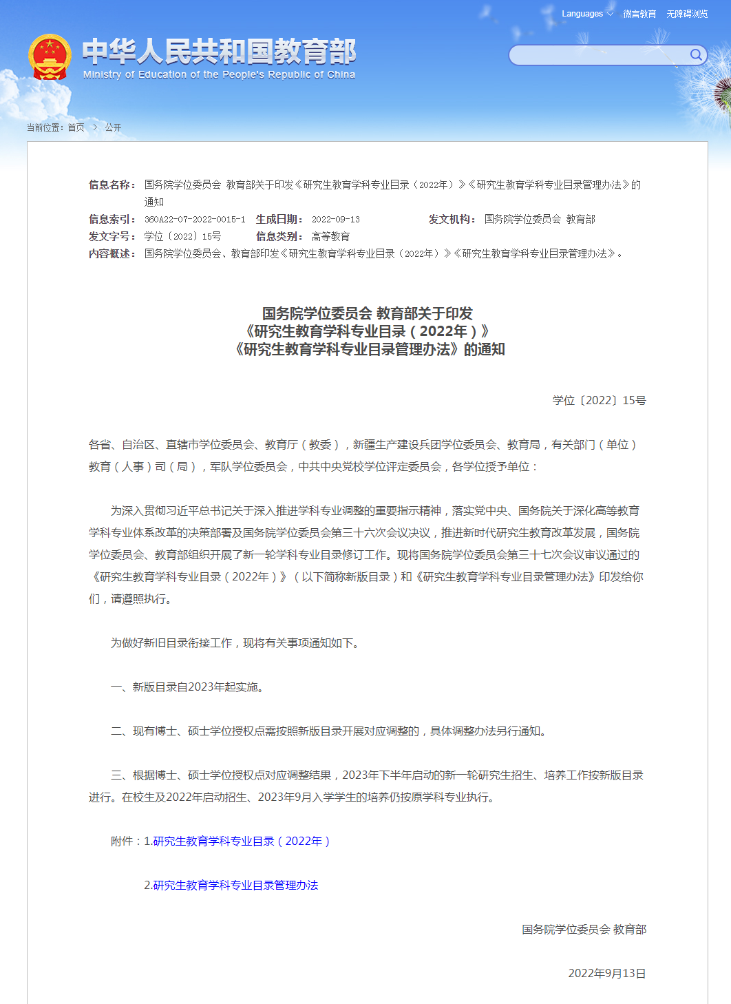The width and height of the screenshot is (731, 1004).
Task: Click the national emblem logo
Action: [49, 56]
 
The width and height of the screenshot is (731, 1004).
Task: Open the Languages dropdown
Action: [586, 14]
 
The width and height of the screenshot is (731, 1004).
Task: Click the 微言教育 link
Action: [639, 14]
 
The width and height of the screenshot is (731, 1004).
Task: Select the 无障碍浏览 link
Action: [687, 14]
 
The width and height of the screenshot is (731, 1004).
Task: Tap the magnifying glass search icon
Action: [696, 55]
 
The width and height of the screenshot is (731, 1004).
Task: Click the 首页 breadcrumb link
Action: [76, 127]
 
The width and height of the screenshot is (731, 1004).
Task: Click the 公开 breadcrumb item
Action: [113, 127]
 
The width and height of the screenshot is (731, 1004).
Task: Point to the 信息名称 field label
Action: [112, 185]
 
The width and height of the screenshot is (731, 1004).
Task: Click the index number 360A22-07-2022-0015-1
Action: [195, 219]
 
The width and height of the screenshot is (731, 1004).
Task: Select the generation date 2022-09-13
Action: [336, 219]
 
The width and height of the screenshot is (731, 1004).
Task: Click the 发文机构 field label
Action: [452, 219]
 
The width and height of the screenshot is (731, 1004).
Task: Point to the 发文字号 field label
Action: [112, 236]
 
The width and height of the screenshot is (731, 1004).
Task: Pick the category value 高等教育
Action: [330, 236]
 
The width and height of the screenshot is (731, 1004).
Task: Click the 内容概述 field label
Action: [112, 253]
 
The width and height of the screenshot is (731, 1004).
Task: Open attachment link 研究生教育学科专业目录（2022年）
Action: [241, 841]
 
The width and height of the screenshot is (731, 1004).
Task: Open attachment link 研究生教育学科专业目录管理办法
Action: [235, 885]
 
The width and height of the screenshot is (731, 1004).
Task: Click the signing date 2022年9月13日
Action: [607, 973]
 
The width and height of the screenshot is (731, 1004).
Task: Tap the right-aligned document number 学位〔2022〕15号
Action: [599, 400]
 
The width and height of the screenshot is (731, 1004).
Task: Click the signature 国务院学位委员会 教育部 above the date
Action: [584, 929]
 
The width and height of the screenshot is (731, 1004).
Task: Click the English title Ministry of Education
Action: [219, 74]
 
